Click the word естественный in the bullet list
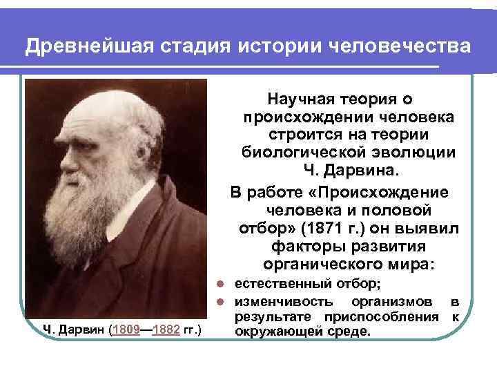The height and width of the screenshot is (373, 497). (x=278, y=285)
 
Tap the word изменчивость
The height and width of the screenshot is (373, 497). (x=284, y=302)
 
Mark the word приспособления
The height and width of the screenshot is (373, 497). (x=389, y=317)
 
